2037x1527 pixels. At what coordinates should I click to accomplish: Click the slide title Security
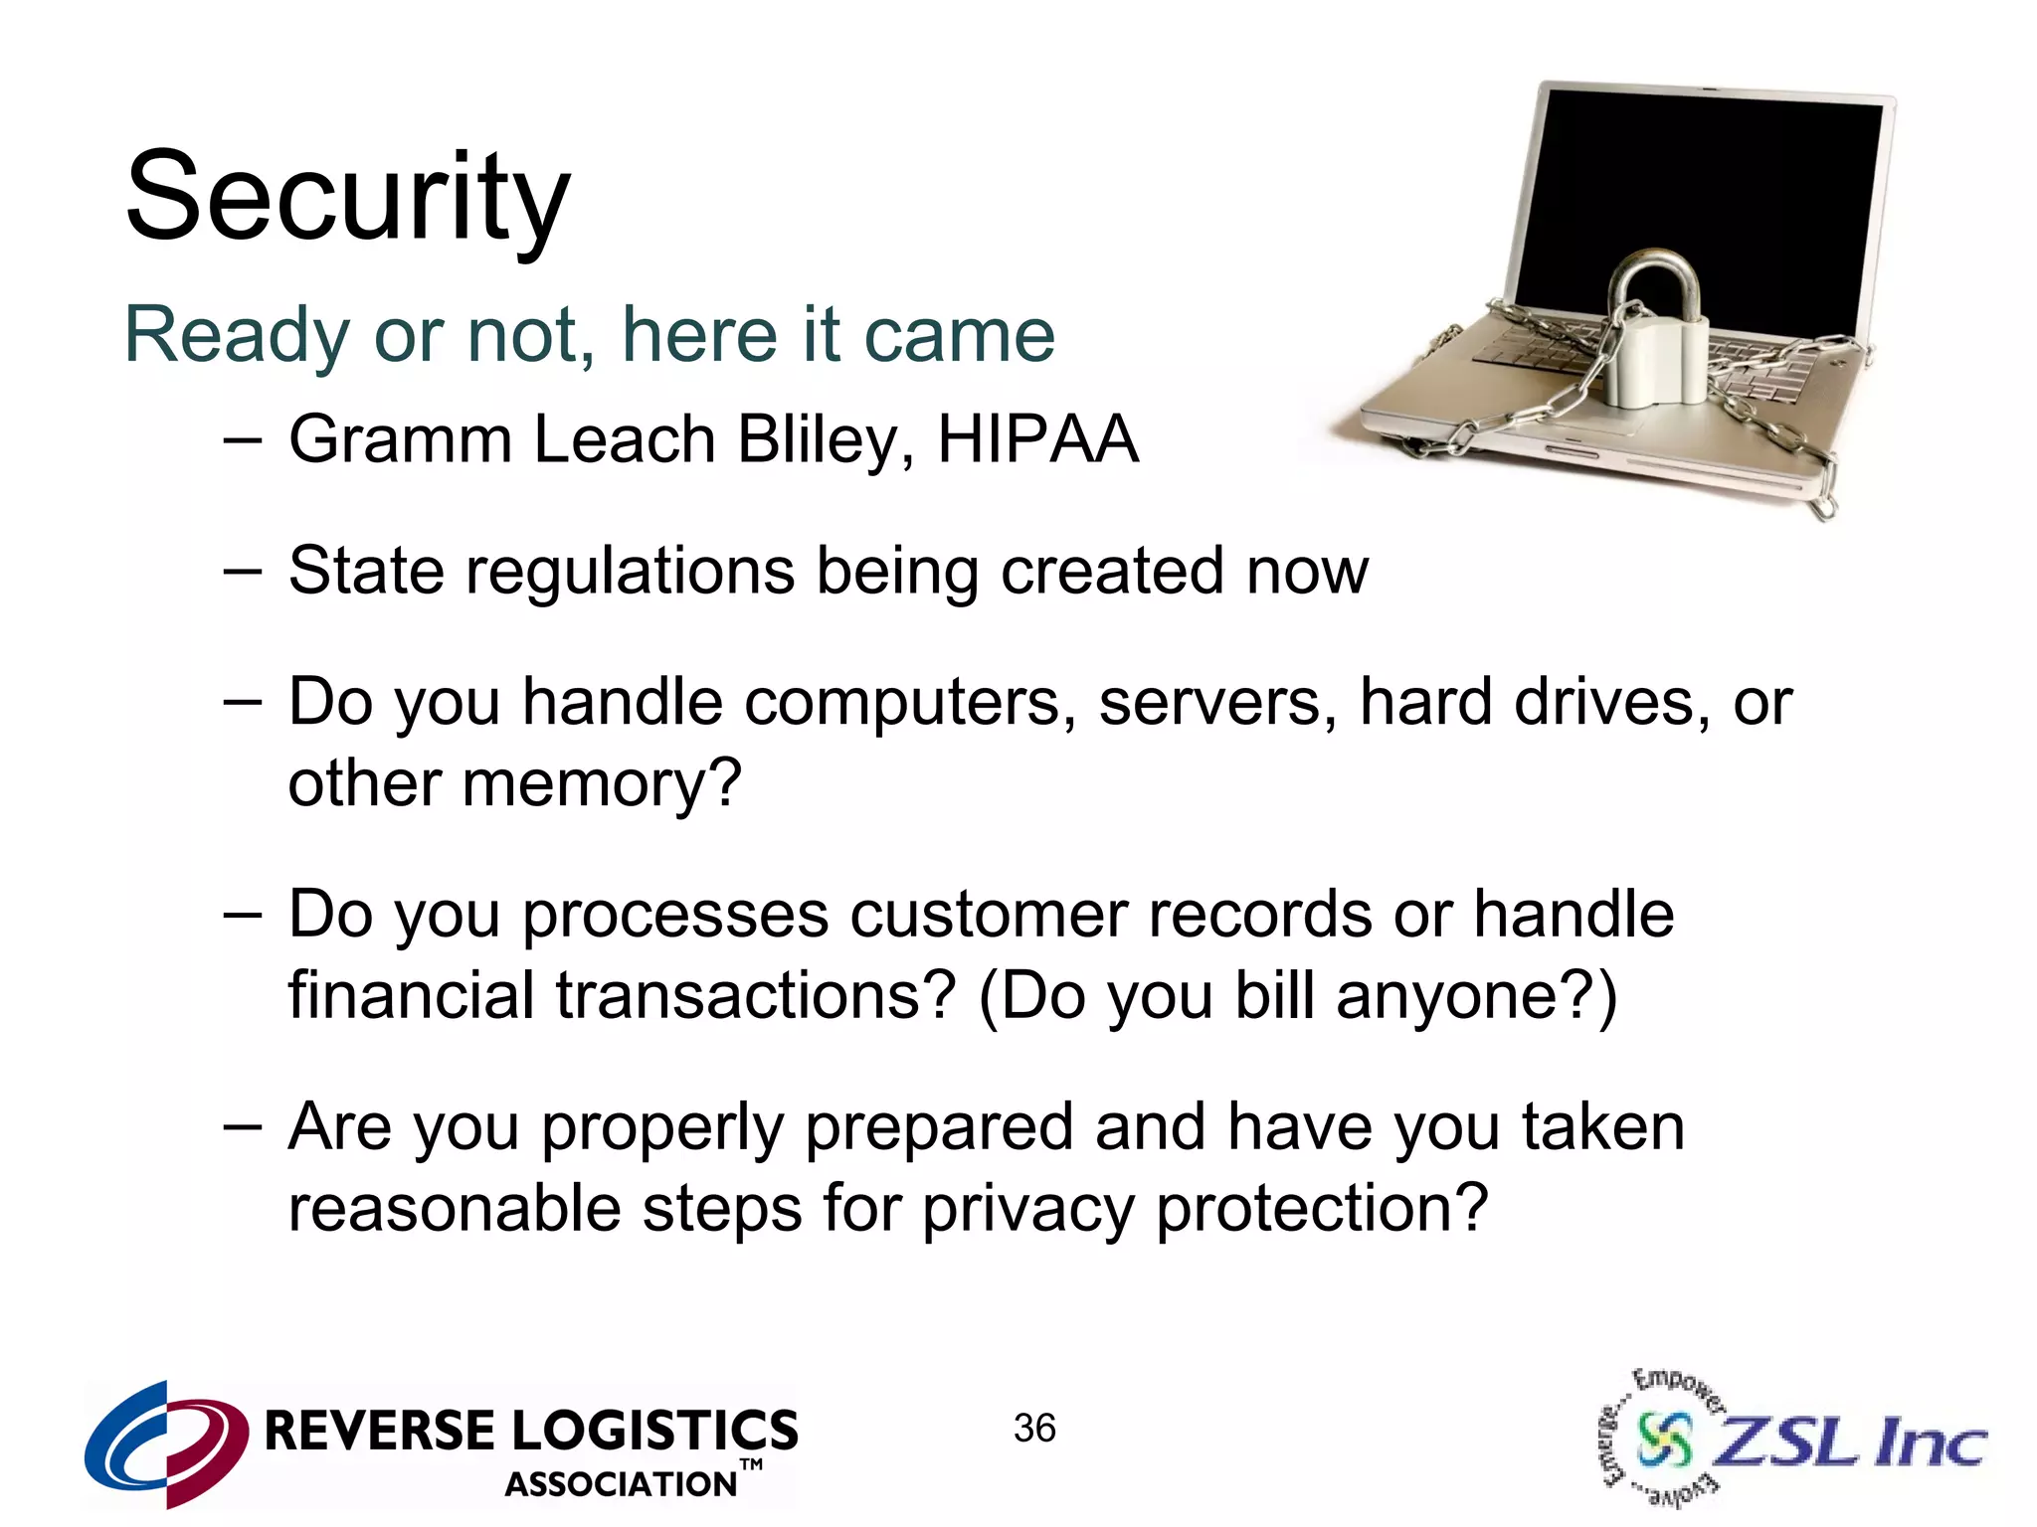pyautogui.click(x=347, y=197)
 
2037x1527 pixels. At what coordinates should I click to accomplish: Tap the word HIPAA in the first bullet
pyautogui.click(x=1037, y=439)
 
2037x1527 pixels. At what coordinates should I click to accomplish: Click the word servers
pyautogui.click(x=1217, y=703)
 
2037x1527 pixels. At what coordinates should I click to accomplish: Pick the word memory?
pyautogui.click(x=602, y=783)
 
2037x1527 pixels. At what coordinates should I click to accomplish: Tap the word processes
pyautogui.click(x=675, y=916)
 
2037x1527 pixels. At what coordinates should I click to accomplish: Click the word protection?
pyautogui.click(x=1322, y=1210)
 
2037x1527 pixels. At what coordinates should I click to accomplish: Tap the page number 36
pyautogui.click(x=1034, y=1429)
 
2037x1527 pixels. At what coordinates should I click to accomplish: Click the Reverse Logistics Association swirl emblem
pyautogui.click(x=166, y=1442)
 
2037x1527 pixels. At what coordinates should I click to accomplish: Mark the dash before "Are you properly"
pyautogui.click(x=243, y=1126)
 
